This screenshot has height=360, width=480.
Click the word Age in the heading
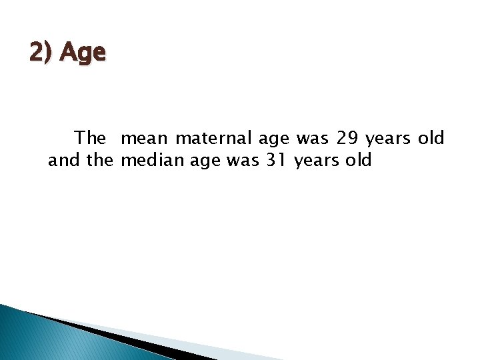tap(83, 52)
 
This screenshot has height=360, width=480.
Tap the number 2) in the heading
tap(41, 52)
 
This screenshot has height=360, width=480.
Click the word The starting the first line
tap(90, 138)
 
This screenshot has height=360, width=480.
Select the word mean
tap(145, 138)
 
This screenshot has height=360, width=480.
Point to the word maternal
tap(213, 138)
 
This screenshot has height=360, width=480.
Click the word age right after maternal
tap(273, 139)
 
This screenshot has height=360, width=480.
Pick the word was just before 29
tap(313, 138)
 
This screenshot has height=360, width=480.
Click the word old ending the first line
tap(431, 138)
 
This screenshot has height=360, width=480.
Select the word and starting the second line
tap(62, 160)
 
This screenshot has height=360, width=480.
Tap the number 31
tap(274, 160)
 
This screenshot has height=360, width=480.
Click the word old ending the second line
tap(358, 160)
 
